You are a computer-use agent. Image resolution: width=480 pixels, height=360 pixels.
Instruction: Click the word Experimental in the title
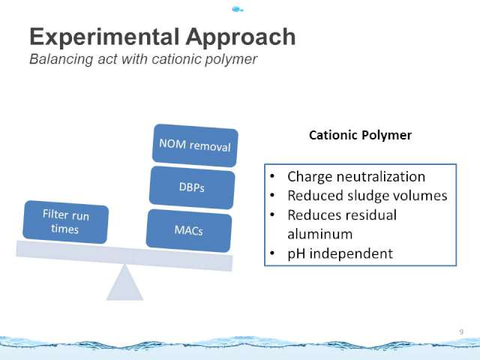104,37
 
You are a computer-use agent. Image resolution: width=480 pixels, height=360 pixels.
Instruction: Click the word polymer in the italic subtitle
231,59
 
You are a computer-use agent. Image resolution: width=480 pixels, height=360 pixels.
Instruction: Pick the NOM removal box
195,145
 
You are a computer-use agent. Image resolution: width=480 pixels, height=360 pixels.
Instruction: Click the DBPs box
192,187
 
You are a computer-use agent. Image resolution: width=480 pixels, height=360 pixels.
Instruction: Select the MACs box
188,230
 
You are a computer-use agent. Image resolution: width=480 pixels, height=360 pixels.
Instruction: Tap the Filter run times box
65,222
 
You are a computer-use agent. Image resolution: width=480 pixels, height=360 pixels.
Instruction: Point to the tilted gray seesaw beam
124,256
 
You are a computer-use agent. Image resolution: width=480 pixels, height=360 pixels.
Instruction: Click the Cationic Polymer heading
360,135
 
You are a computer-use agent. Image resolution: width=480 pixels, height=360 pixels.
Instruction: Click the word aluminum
320,234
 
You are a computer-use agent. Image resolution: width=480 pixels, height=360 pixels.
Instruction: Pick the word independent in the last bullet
351,253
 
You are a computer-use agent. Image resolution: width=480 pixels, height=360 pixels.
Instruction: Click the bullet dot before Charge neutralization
272,176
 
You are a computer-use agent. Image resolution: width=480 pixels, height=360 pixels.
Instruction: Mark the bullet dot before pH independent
272,253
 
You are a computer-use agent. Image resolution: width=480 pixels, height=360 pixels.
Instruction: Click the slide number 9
461,331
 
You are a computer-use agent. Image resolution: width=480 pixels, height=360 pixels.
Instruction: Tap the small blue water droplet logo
237,10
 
